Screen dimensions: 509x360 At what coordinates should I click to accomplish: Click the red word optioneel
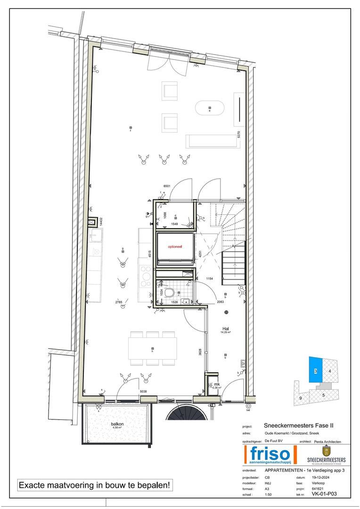(x=175, y=246)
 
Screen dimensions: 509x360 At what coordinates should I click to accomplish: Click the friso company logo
(x=269, y=456)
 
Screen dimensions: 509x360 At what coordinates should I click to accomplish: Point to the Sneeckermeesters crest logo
(x=326, y=452)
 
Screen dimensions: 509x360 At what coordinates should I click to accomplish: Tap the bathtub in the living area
(x=210, y=108)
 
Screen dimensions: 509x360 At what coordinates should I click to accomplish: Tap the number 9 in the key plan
(x=301, y=398)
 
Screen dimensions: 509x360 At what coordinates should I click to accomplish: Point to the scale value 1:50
(x=269, y=495)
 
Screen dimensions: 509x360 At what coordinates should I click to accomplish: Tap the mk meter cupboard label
(x=217, y=385)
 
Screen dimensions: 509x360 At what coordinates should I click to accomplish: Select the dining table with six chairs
(x=153, y=348)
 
